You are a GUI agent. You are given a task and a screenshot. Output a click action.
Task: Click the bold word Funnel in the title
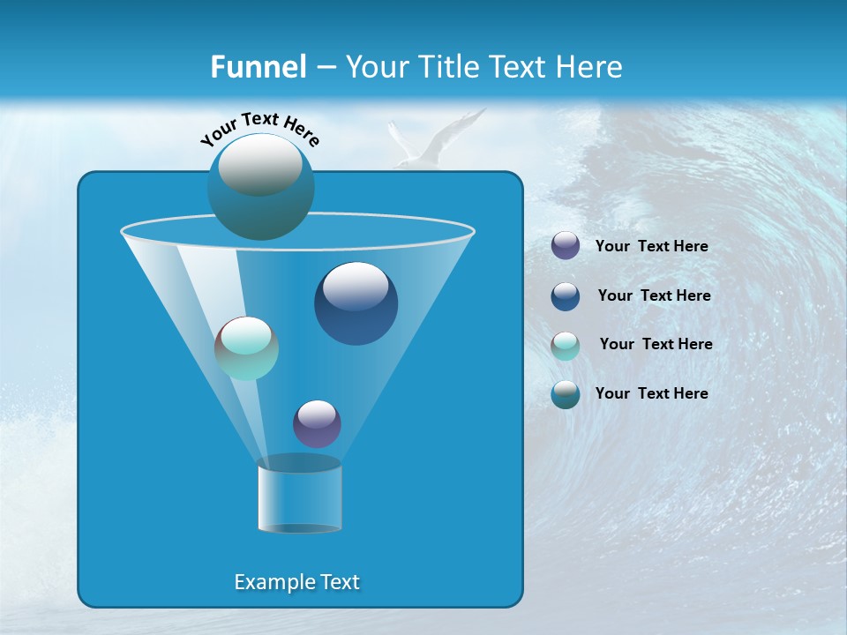[258, 67]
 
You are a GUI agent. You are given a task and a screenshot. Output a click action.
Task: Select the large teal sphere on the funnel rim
[261, 186]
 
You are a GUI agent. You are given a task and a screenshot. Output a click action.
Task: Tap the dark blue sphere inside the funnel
[356, 303]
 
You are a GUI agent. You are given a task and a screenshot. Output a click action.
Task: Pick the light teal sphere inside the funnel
[246, 348]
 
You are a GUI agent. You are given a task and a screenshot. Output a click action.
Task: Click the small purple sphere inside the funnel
[317, 423]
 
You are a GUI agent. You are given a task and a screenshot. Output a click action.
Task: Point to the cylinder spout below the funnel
[299, 496]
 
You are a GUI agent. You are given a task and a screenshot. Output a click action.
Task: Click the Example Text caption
[297, 582]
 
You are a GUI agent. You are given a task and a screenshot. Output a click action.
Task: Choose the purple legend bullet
[566, 246]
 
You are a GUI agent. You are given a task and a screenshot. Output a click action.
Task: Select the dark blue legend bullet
[566, 296]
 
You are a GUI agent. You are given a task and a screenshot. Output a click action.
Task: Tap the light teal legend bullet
[566, 346]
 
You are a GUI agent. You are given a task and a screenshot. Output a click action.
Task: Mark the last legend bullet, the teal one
[566, 394]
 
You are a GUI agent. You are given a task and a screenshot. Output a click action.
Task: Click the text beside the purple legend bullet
[651, 247]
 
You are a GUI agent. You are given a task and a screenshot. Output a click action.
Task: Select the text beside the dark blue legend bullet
[654, 296]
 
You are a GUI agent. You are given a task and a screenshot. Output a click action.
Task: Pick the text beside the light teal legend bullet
[656, 345]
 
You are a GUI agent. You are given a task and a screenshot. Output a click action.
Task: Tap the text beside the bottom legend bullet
[651, 393]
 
